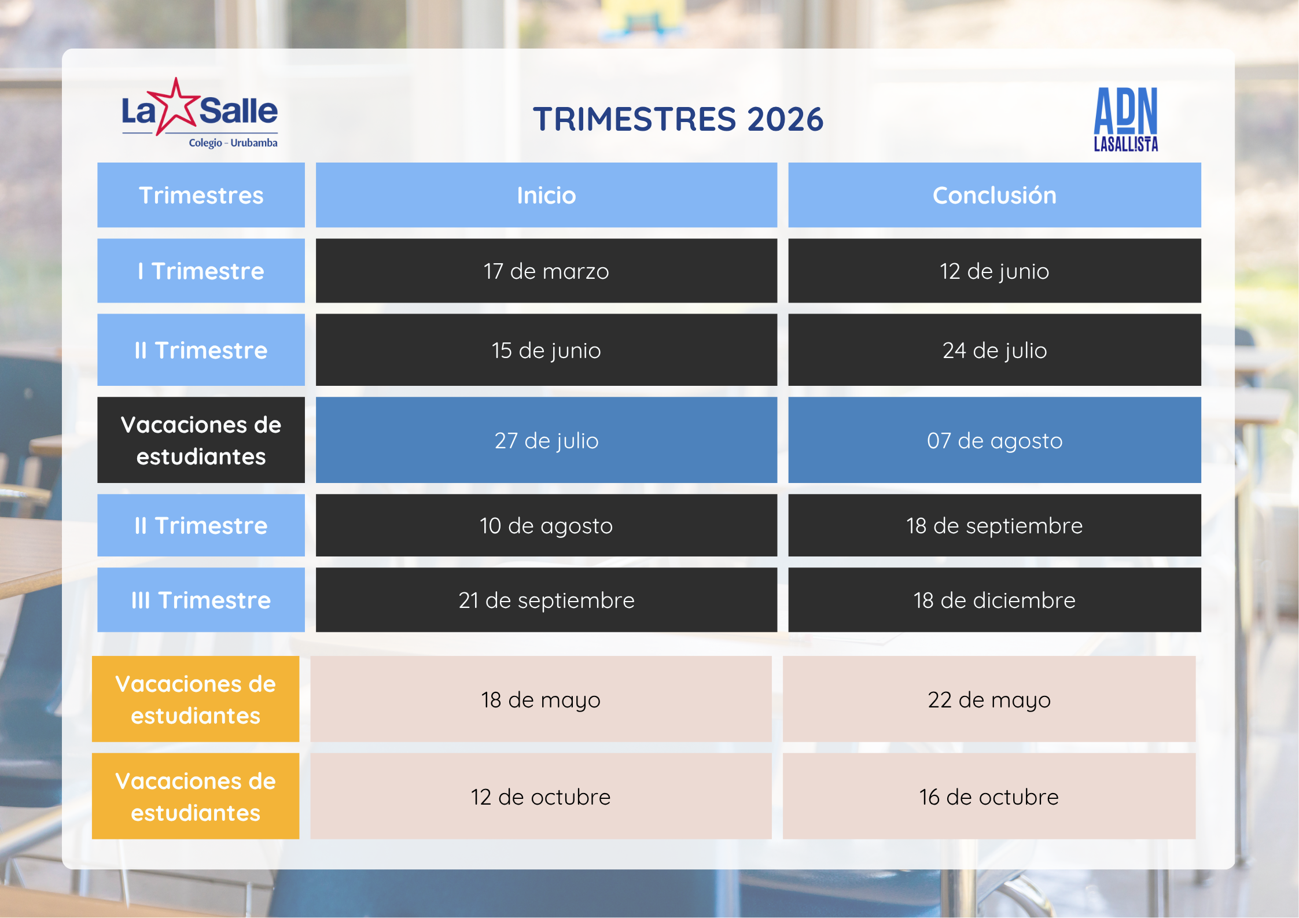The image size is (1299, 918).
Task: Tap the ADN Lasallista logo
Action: pos(1125,120)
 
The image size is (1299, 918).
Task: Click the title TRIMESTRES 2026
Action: pos(678,119)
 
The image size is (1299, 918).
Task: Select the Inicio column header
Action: pos(546,196)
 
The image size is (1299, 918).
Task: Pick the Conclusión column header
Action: pos(994,196)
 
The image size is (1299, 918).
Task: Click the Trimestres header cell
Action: pos(201,196)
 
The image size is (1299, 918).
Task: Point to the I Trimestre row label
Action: pos(201,271)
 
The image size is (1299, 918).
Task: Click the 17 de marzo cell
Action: pos(546,271)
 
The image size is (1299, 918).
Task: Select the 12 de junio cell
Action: pos(994,271)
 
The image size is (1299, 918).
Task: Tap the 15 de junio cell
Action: pos(546,350)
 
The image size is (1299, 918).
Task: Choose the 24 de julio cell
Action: pos(994,350)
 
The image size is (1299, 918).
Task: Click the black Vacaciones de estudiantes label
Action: pos(201,440)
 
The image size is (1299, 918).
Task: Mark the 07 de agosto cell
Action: pos(994,440)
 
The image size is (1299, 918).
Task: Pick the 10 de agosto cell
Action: pos(546,525)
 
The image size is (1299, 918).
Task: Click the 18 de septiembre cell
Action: pos(994,525)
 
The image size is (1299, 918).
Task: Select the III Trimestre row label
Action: pos(201,600)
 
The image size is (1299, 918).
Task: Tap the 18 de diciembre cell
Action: pos(994,600)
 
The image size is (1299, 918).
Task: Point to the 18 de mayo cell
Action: pos(540,699)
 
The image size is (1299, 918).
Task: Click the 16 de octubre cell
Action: pos(989,797)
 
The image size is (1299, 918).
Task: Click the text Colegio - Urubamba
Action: pos(233,143)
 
